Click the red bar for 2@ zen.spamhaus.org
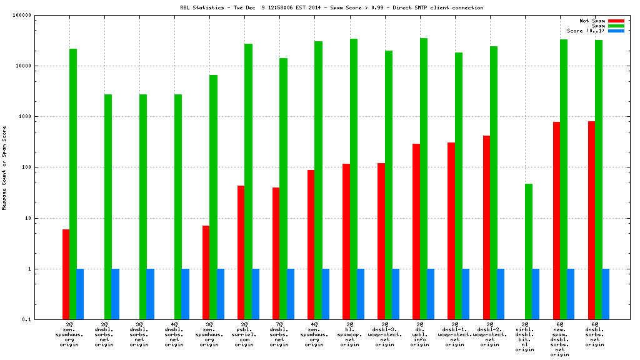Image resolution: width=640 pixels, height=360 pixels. point(66,274)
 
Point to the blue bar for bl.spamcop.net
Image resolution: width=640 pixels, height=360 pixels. point(361,294)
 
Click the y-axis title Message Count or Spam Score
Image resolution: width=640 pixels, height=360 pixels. point(4,167)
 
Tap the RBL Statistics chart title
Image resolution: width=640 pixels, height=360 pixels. point(331,7)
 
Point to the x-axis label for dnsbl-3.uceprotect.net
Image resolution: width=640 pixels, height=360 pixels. point(384,334)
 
